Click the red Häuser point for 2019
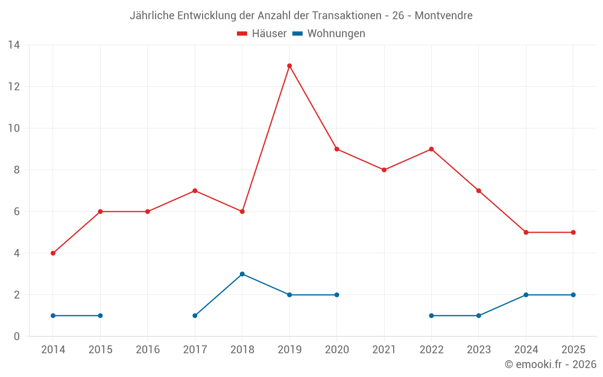coord(289,66)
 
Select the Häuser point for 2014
coord(53,253)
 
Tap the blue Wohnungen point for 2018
coord(242,274)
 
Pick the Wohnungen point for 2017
coord(195,315)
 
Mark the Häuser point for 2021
coord(384,170)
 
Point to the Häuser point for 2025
coord(573,232)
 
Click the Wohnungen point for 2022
coord(431,315)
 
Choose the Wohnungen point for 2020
coord(337,295)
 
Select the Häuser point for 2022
coord(431,149)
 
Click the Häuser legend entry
coord(262,34)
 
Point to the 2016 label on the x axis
coord(148,350)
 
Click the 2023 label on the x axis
coord(479,350)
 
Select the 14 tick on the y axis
coord(14,45)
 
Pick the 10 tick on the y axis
coord(14,128)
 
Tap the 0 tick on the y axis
coord(17,337)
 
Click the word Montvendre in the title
coord(444,16)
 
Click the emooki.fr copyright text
coord(551,364)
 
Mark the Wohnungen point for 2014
coord(53,315)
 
